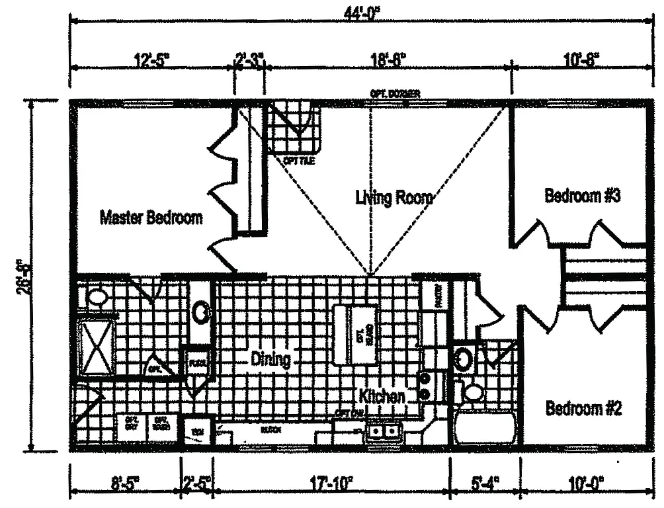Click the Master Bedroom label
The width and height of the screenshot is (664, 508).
point(151,218)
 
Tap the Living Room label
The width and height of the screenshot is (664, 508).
point(394,197)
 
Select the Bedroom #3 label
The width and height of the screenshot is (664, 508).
point(582,196)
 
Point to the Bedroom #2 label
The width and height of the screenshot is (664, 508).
point(583,408)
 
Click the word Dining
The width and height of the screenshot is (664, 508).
point(270,360)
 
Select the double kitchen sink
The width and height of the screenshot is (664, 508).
point(383,432)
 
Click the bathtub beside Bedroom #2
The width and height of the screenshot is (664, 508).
point(485,429)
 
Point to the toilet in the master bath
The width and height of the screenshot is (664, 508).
point(98,297)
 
